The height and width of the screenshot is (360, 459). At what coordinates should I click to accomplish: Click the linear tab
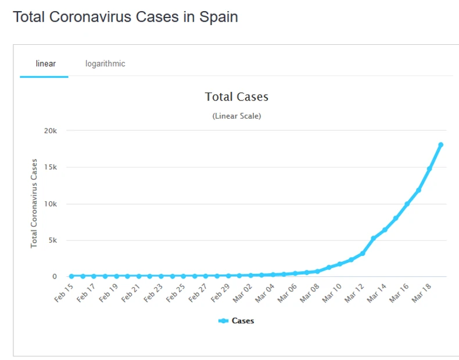(46, 63)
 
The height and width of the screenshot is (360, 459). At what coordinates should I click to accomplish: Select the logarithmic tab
(105, 63)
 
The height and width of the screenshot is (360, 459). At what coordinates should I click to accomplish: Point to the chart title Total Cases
(236, 97)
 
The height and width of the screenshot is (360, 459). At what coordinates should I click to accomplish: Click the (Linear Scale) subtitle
(236, 116)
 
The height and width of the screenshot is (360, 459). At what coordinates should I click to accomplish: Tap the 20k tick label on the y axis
(51, 131)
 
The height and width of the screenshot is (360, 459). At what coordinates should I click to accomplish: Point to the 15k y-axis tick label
(51, 167)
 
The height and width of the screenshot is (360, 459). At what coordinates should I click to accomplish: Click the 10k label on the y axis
(51, 204)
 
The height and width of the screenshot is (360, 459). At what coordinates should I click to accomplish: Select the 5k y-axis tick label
(53, 240)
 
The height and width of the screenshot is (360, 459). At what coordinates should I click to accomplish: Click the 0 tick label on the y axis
(55, 277)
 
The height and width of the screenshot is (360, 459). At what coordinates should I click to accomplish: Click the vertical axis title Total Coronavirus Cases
(34, 203)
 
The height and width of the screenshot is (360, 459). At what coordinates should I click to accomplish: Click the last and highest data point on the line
(441, 145)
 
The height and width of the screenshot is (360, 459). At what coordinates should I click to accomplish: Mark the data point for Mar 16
(407, 204)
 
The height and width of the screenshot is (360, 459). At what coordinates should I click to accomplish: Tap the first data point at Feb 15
(71, 276)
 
